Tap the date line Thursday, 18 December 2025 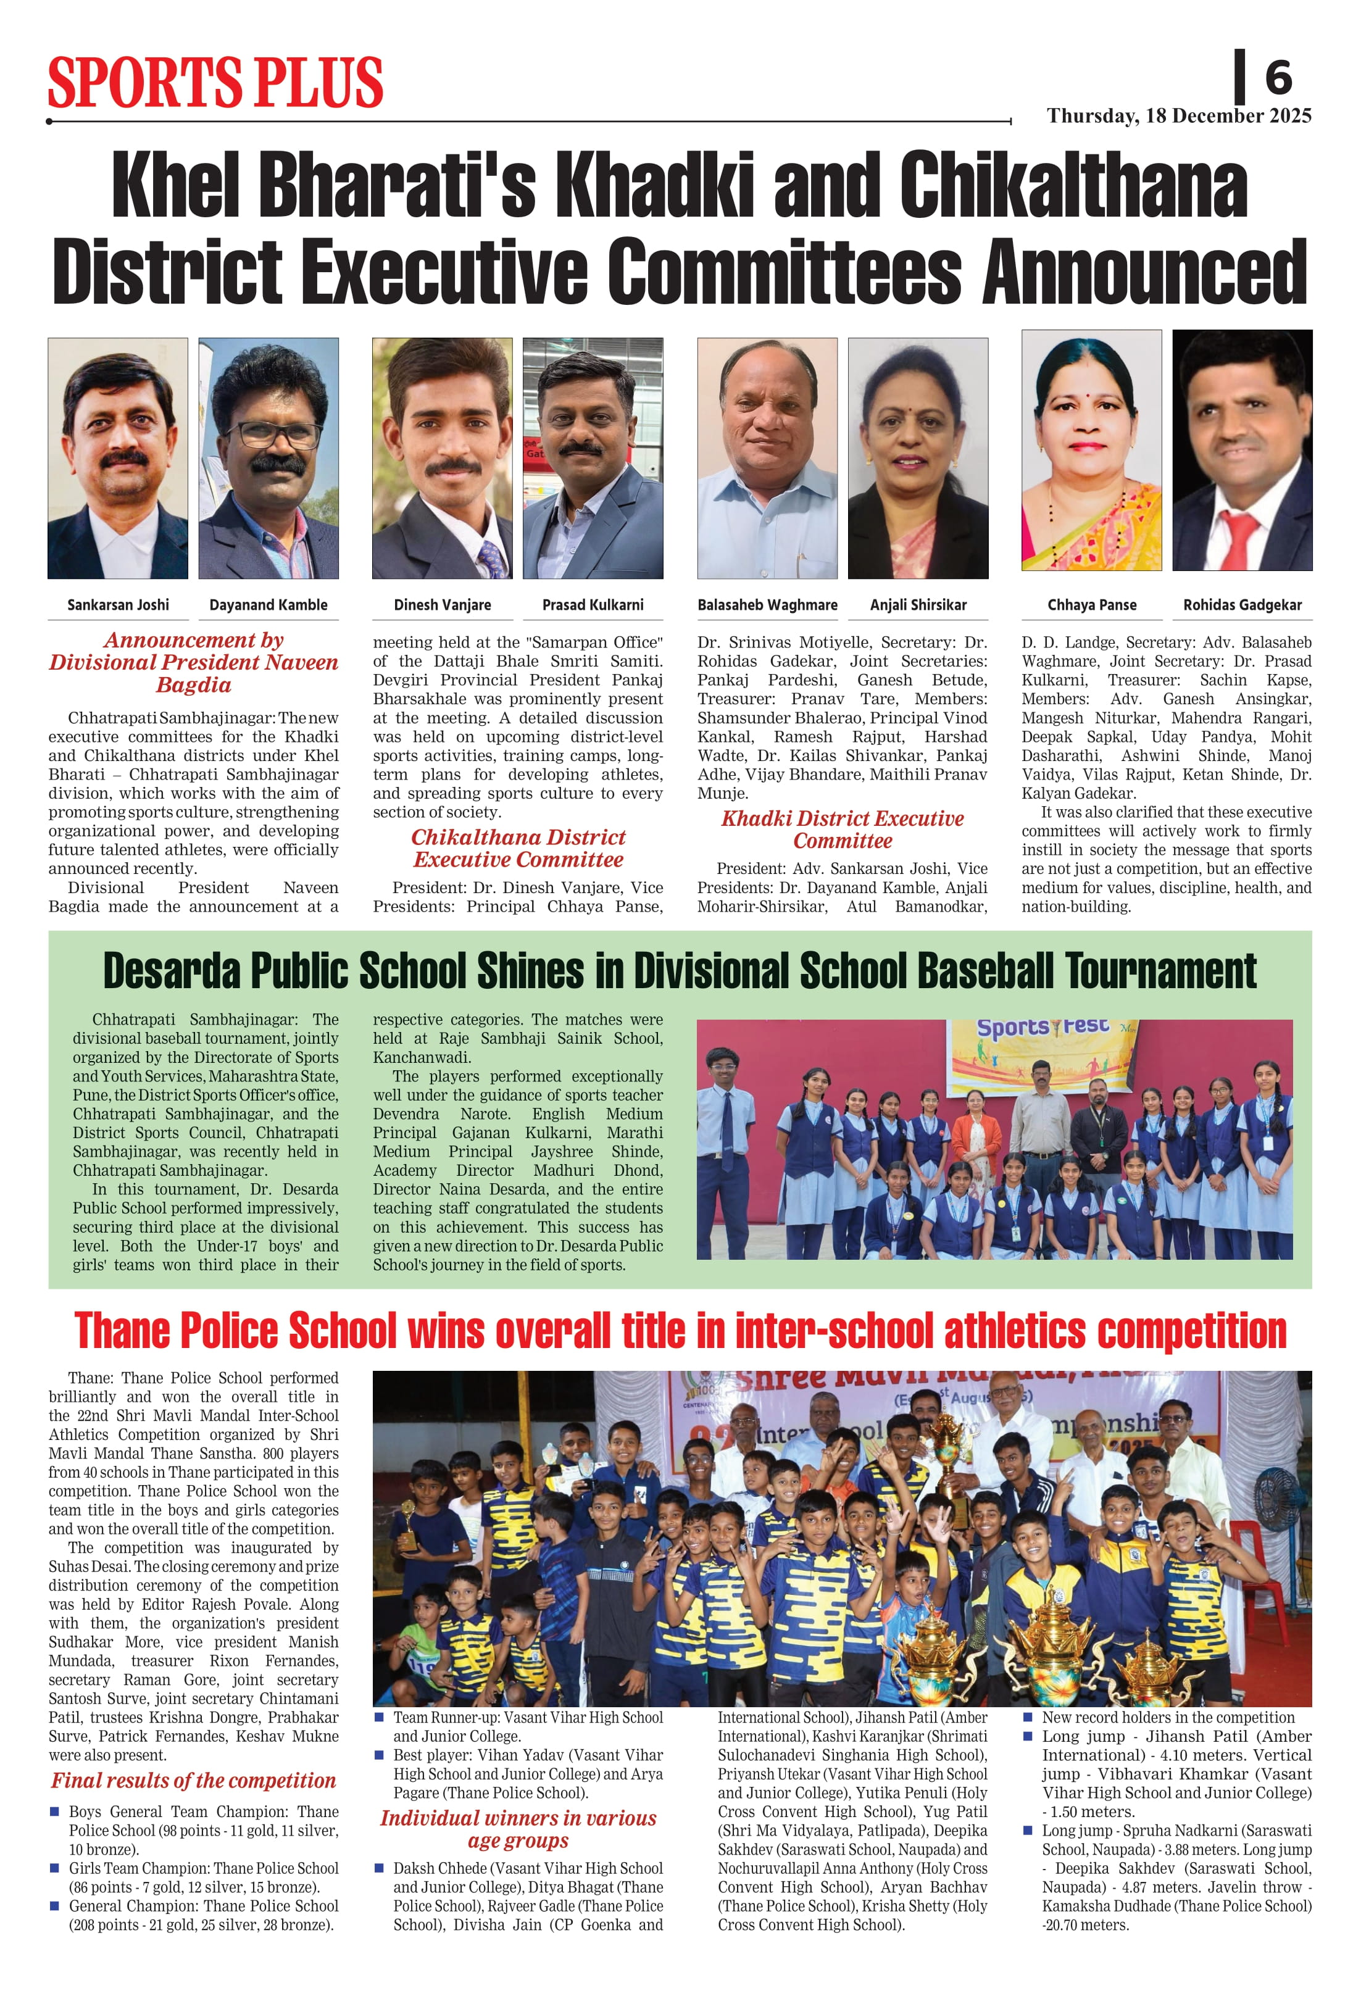1178,116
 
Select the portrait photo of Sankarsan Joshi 117,458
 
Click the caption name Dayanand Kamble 268,605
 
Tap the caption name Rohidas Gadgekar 1242,605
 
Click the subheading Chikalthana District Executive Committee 518,848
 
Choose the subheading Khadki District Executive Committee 842,830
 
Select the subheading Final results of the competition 193,1780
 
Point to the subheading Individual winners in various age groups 518,1829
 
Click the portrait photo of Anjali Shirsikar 918,458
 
